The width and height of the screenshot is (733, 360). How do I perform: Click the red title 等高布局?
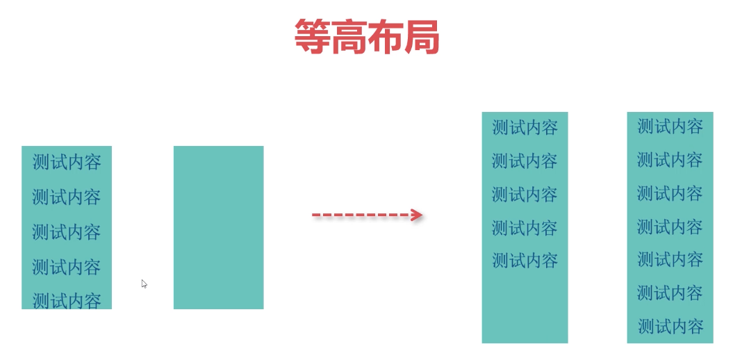click(x=367, y=37)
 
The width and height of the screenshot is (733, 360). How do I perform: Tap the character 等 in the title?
click(x=312, y=37)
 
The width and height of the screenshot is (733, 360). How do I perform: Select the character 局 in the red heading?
click(x=422, y=37)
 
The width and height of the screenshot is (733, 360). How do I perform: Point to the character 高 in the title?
click(x=349, y=37)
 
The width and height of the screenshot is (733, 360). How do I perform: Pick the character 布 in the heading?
click(x=386, y=37)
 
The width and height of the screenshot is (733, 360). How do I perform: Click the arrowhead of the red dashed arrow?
click(x=416, y=215)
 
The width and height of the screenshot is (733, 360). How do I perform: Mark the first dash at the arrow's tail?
click(x=315, y=215)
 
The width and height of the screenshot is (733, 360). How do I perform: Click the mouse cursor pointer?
click(x=144, y=284)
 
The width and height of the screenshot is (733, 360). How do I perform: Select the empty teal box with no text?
click(x=218, y=227)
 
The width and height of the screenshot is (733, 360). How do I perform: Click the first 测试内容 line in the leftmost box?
click(x=67, y=163)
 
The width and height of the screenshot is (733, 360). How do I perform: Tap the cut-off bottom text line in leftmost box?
click(x=67, y=300)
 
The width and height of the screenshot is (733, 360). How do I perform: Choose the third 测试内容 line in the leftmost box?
click(x=67, y=232)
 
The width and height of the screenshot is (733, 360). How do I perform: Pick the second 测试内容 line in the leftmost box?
click(x=67, y=197)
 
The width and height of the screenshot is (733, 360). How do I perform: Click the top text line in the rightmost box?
click(x=670, y=126)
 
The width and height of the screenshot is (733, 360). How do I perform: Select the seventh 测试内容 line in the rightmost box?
click(x=670, y=326)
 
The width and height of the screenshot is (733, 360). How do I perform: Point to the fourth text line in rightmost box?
click(x=670, y=227)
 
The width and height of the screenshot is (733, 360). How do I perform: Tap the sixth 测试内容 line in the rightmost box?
click(x=670, y=293)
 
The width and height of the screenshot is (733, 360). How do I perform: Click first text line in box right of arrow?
click(x=525, y=128)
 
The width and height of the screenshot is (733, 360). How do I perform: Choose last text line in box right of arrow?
click(x=525, y=261)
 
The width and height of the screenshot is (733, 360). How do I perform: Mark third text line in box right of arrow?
click(x=525, y=194)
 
